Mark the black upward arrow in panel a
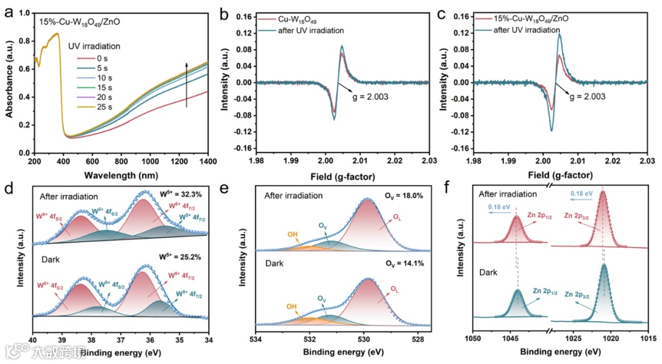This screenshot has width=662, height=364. (186, 83)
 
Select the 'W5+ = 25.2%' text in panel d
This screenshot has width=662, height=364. (183, 265)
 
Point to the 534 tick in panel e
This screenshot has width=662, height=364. (256, 338)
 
